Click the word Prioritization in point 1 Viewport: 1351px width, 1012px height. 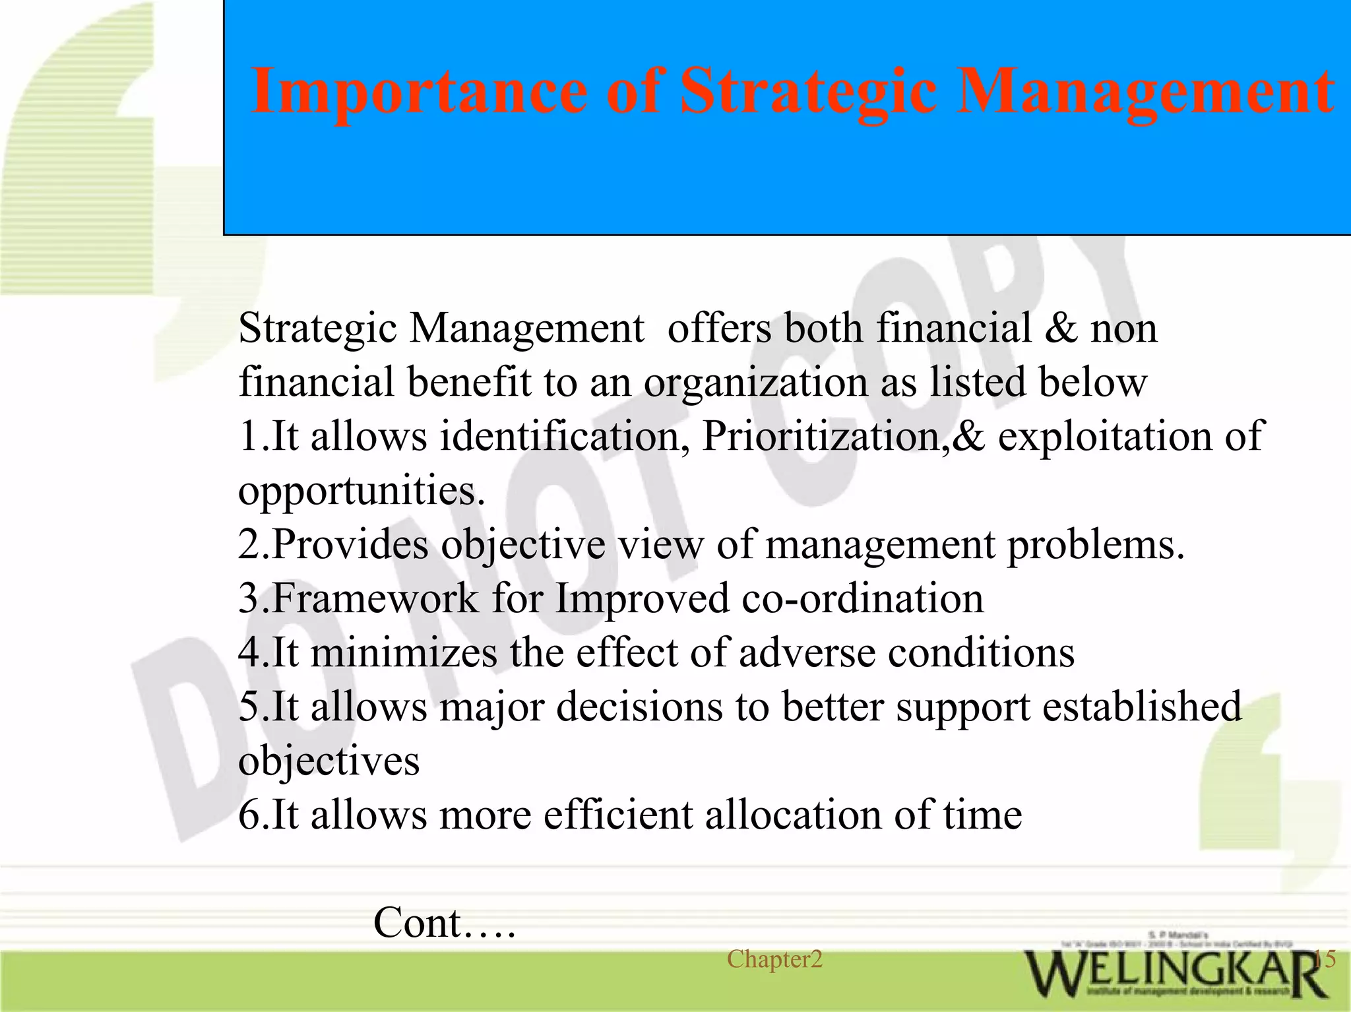coord(825,436)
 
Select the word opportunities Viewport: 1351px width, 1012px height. coord(360,491)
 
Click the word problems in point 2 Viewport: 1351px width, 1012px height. coord(1094,545)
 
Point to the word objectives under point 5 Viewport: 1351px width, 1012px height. coord(329,761)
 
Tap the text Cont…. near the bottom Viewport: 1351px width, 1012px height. coord(444,922)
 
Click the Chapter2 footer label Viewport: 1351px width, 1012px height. coord(774,959)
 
